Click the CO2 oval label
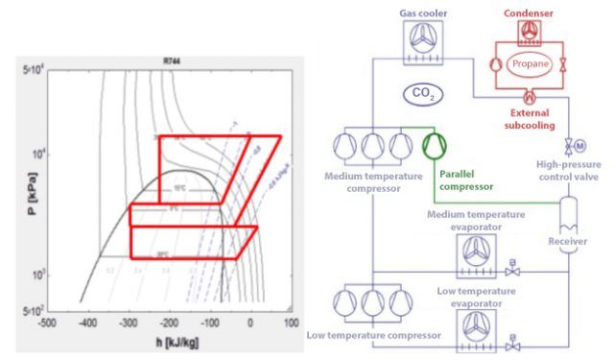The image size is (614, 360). [x=420, y=93]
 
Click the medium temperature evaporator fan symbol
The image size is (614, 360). [x=477, y=253]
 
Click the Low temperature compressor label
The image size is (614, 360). [x=374, y=336]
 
